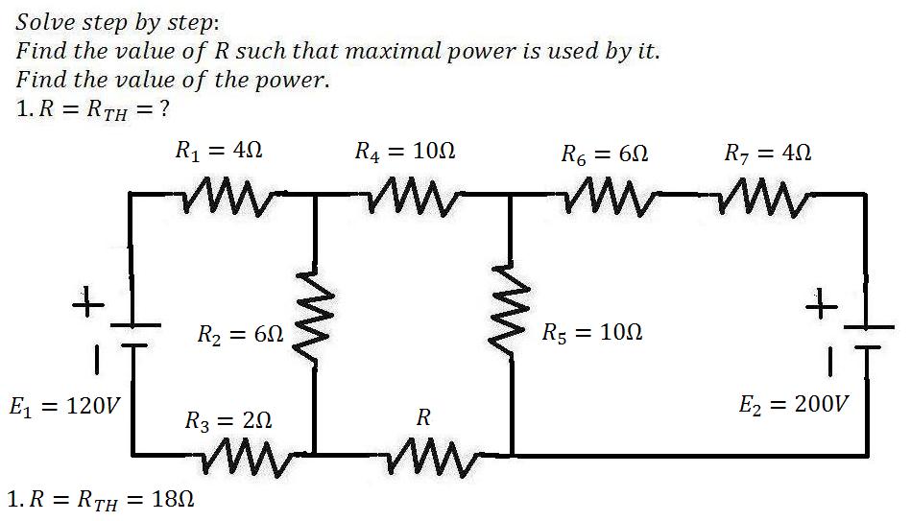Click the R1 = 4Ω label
(219, 151)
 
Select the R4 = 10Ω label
(405, 152)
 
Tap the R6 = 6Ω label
(604, 154)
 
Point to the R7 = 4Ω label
(768, 153)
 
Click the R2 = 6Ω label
(241, 334)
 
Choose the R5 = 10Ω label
(592, 332)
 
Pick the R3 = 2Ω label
(228, 420)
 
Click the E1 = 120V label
(64, 406)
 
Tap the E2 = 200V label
(794, 403)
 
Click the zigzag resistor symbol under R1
(229, 197)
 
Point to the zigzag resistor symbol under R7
(764, 199)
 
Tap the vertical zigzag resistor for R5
(510, 314)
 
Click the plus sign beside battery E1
(88, 301)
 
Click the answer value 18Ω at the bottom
(173, 499)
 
